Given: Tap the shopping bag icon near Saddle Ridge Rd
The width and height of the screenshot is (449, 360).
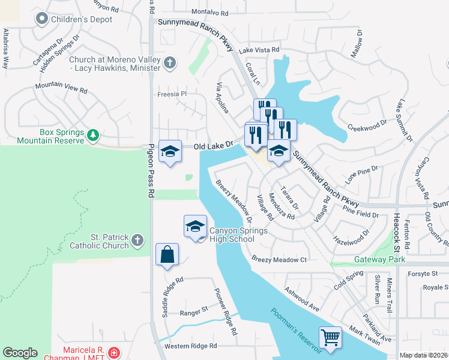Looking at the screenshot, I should tap(166, 254).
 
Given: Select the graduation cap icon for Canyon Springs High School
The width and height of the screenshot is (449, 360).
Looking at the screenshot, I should tap(195, 226).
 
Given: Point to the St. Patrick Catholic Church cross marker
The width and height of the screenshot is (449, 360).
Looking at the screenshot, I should tap(137, 241).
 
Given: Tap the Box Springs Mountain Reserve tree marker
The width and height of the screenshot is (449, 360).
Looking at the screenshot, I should tap(92, 136).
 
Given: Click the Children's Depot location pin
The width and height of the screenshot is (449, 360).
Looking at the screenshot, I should tap(41, 19).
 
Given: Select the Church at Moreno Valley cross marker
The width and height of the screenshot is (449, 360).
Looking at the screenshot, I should tap(170, 62).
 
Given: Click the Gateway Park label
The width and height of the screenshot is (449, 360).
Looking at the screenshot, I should tap(379, 259).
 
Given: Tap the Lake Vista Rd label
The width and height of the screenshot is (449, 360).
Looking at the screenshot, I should tap(259, 50).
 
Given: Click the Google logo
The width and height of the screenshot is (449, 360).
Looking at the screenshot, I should tap(20, 353).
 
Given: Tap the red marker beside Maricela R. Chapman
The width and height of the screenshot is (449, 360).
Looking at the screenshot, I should tap(114, 352).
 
